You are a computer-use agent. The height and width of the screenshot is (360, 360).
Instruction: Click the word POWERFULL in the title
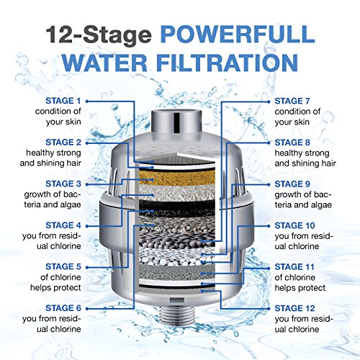(x=237, y=35)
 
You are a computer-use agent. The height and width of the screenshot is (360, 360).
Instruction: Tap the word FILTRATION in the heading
(x=228, y=63)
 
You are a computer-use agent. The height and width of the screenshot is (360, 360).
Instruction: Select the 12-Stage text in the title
(x=99, y=36)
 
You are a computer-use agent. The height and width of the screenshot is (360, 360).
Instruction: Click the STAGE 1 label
(x=63, y=101)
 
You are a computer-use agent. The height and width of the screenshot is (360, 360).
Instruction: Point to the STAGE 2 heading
(x=63, y=143)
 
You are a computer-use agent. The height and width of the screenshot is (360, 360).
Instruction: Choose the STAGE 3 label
(x=63, y=184)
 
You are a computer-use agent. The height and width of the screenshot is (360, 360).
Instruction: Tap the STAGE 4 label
(x=63, y=225)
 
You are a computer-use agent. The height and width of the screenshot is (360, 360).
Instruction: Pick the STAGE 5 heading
(x=63, y=266)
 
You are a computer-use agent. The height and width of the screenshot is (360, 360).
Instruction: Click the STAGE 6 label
(x=63, y=308)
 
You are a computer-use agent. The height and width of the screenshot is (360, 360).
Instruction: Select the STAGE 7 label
(x=292, y=101)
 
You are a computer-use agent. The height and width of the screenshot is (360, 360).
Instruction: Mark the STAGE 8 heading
(x=292, y=143)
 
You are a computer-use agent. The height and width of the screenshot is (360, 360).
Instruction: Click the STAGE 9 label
(x=292, y=184)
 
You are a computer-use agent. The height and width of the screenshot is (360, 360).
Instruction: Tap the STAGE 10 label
(x=294, y=225)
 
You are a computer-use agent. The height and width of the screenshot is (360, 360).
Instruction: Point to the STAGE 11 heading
(x=294, y=267)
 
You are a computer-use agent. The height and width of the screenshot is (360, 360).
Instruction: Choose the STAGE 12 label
(x=294, y=308)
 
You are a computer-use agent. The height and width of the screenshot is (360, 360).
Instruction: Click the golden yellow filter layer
(x=177, y=178)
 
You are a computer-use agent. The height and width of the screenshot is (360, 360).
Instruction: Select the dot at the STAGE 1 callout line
(x=87, y=102)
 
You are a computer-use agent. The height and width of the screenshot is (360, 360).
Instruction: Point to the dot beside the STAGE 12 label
(x=269, y=309)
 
